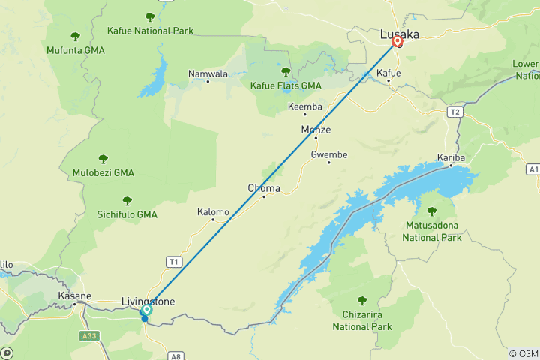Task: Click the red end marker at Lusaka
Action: pos(397,42)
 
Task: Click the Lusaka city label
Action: pos(400,34)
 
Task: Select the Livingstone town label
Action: pos(148,301)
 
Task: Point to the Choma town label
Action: pos(263,188)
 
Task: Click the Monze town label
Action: pos(316,130)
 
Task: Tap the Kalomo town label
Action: pos(213,212)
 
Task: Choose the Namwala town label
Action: pos(208,73)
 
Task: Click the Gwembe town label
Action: pos(329,154)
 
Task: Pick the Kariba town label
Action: pos(451,158)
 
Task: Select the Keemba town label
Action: pos(305,107)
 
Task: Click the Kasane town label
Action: pos(73,296)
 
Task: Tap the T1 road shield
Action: pos(174,261)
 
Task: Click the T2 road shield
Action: pos(454,112)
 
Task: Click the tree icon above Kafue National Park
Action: pos(150,16)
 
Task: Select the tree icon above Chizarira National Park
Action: pos(362,301)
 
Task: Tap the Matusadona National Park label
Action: pos(432,231)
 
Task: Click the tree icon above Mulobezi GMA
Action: pos(103,159)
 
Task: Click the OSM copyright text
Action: pos(523,353)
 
